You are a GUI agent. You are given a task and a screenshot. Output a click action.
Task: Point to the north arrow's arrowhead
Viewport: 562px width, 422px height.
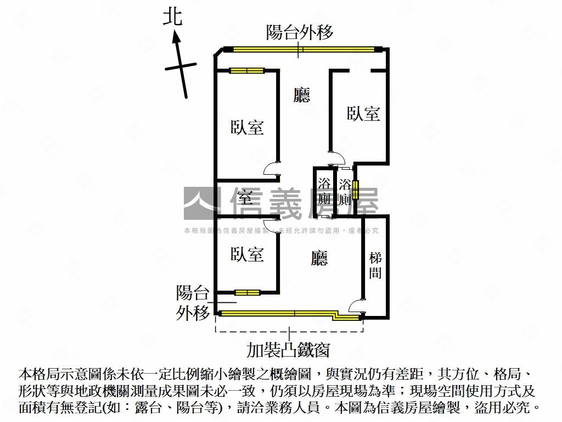(x=176, y=36)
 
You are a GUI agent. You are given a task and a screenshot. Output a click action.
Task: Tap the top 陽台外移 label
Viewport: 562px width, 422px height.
(x=300, y=32)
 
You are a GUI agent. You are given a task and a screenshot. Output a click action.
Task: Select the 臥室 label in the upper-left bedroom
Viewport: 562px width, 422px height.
(x=247, y=127)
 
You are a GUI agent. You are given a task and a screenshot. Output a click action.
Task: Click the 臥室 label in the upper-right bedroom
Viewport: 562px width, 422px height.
(x=363, y=114)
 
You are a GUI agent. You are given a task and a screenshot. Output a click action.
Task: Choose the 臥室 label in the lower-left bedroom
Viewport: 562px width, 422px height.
(x=247, y=254)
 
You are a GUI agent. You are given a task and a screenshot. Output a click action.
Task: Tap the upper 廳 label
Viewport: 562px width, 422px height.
(x=302, y=96)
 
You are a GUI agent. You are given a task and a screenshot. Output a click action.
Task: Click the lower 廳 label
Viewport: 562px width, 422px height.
(x=319, y=258)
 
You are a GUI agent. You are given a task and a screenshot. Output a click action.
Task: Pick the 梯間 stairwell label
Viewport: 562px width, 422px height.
(x=375, y=265)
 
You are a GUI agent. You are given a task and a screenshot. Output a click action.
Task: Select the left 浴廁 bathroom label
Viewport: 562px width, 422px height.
(x=324, y=191)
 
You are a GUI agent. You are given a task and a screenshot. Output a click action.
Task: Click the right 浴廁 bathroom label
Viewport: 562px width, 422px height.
(x=345, y=192)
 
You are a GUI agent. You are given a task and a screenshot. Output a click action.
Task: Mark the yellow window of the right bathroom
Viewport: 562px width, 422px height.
(x=356, y=190)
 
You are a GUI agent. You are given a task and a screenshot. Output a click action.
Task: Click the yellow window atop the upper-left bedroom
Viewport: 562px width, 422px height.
(x=246, y=70)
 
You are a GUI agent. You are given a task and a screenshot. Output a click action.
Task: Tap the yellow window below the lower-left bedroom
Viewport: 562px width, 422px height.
(x=247, y=292)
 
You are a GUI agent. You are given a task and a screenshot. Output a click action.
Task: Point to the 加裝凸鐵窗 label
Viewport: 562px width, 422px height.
(x=288, y=349)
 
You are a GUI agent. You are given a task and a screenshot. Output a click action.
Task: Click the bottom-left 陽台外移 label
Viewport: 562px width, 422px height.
(x=193, y=302)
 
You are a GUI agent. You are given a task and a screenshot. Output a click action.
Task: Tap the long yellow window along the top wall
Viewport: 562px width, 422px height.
(x=300, y=49)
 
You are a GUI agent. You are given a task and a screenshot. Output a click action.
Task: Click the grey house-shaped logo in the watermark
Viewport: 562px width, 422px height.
(x=201, y=204)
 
